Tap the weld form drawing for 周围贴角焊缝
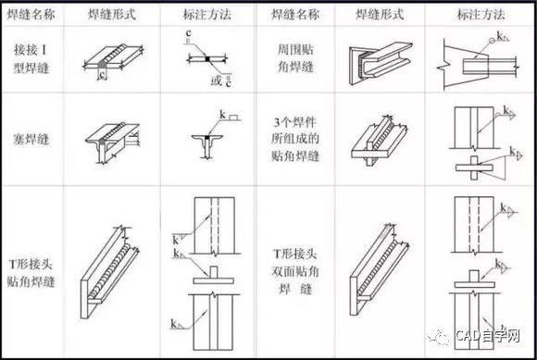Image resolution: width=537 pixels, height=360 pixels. tap(380, 61)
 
